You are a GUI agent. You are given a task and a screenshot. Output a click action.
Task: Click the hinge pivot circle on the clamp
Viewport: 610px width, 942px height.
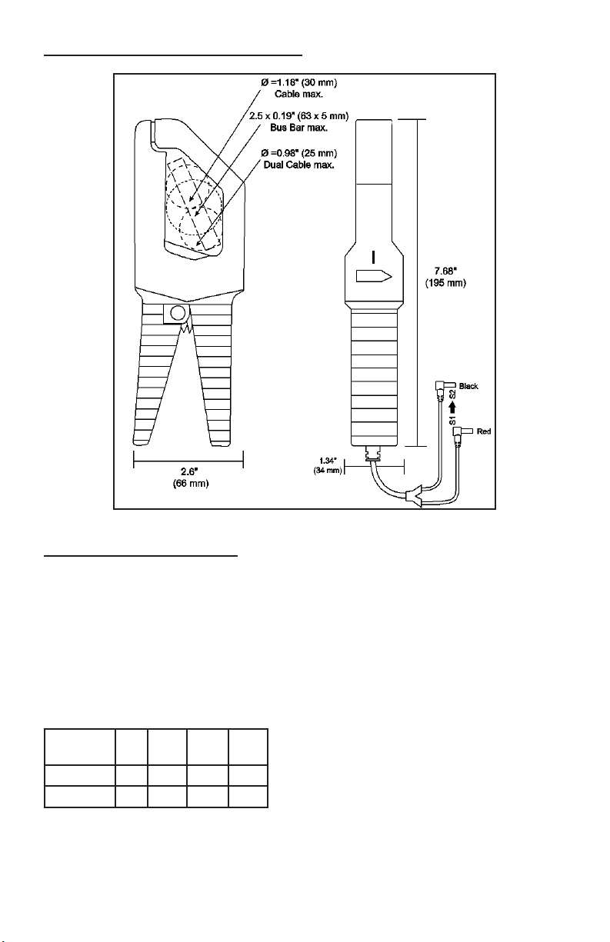tap(177, 314)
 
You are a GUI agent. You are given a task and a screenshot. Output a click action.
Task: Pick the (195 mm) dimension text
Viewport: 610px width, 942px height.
tap(446, 283)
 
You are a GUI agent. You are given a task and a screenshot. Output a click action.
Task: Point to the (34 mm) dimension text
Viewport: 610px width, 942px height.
tap(328, 470)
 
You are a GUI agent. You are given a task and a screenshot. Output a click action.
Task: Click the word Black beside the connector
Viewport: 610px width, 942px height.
tap(468, 386)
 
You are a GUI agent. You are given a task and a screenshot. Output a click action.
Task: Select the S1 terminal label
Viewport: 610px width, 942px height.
tap(452, 421)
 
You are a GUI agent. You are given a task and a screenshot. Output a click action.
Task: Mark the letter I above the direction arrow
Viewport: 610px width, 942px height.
tap(373, 255)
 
